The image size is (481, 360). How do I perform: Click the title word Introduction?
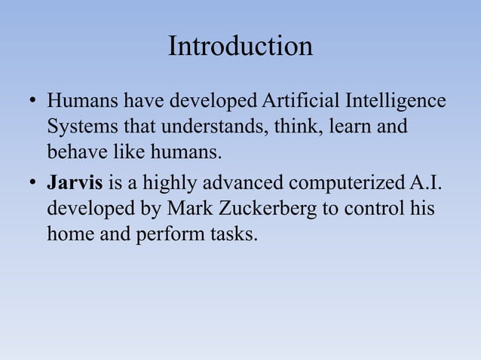click(x=240, y=47)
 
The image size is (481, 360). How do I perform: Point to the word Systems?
click(x=78, y=127)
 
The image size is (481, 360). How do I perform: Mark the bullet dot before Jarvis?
click(x=31, y=183)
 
